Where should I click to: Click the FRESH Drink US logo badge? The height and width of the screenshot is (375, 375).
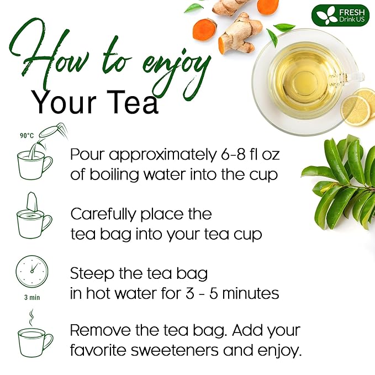coord(340,15)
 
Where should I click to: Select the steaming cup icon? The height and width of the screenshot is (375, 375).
coord(34,337)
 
